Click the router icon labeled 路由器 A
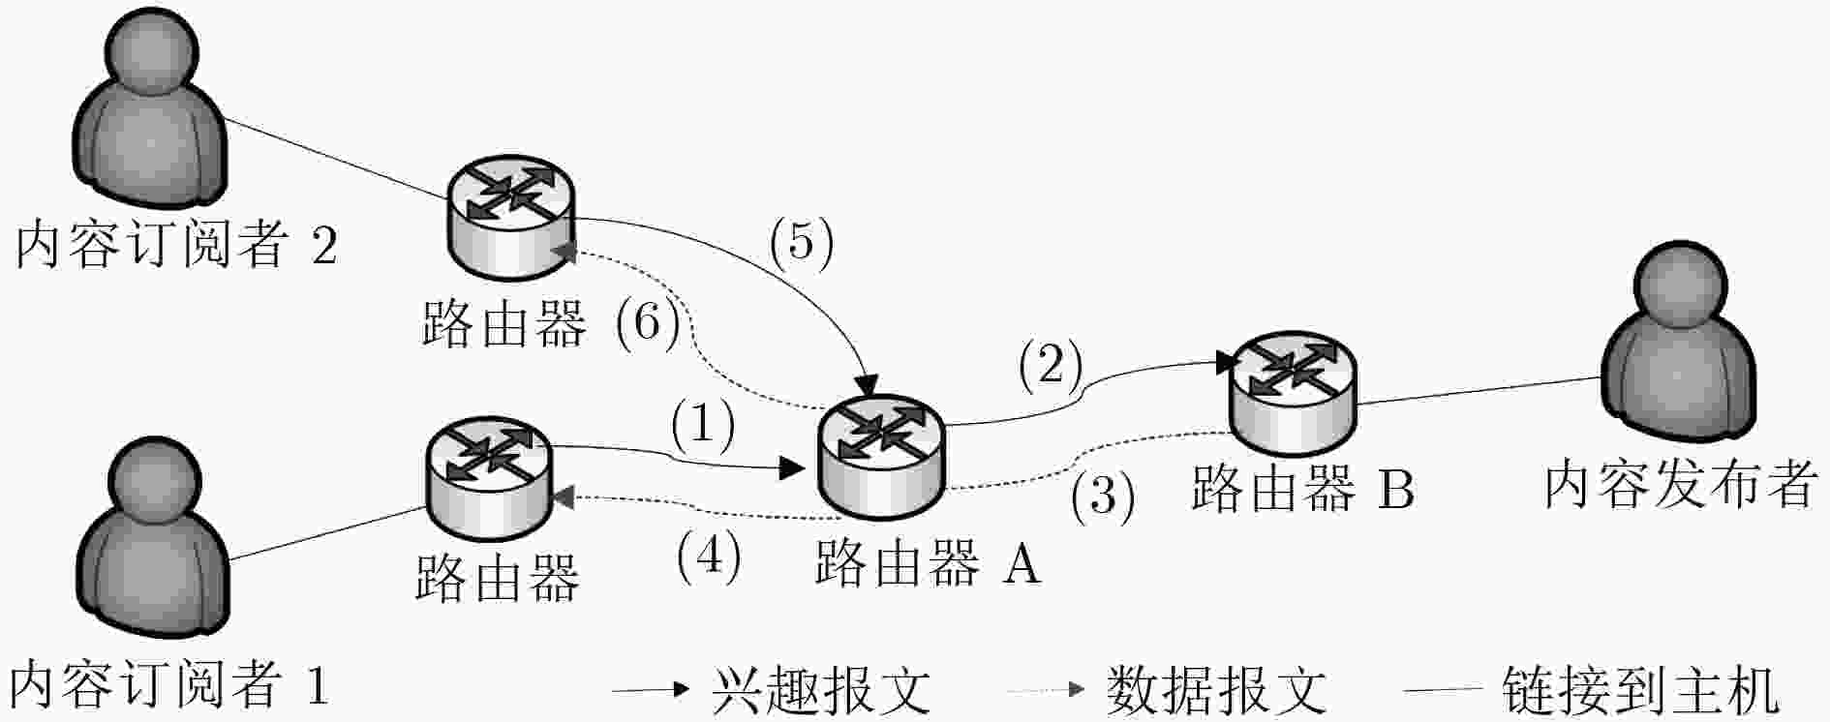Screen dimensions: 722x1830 [x=880, y=457]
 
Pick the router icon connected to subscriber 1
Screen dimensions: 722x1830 [x=489, y=477]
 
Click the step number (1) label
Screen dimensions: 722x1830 [x=704, y=425]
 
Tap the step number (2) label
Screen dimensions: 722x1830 [x=1050, y=366]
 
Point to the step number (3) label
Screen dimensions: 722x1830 [x=1103, y=496]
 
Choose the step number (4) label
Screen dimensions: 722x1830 [x=709, y=557]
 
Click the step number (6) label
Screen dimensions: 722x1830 [x=648, y=321]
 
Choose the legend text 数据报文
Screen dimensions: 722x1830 [x=1216, y=691]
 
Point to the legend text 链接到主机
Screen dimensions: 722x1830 [x=1640, y=691]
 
